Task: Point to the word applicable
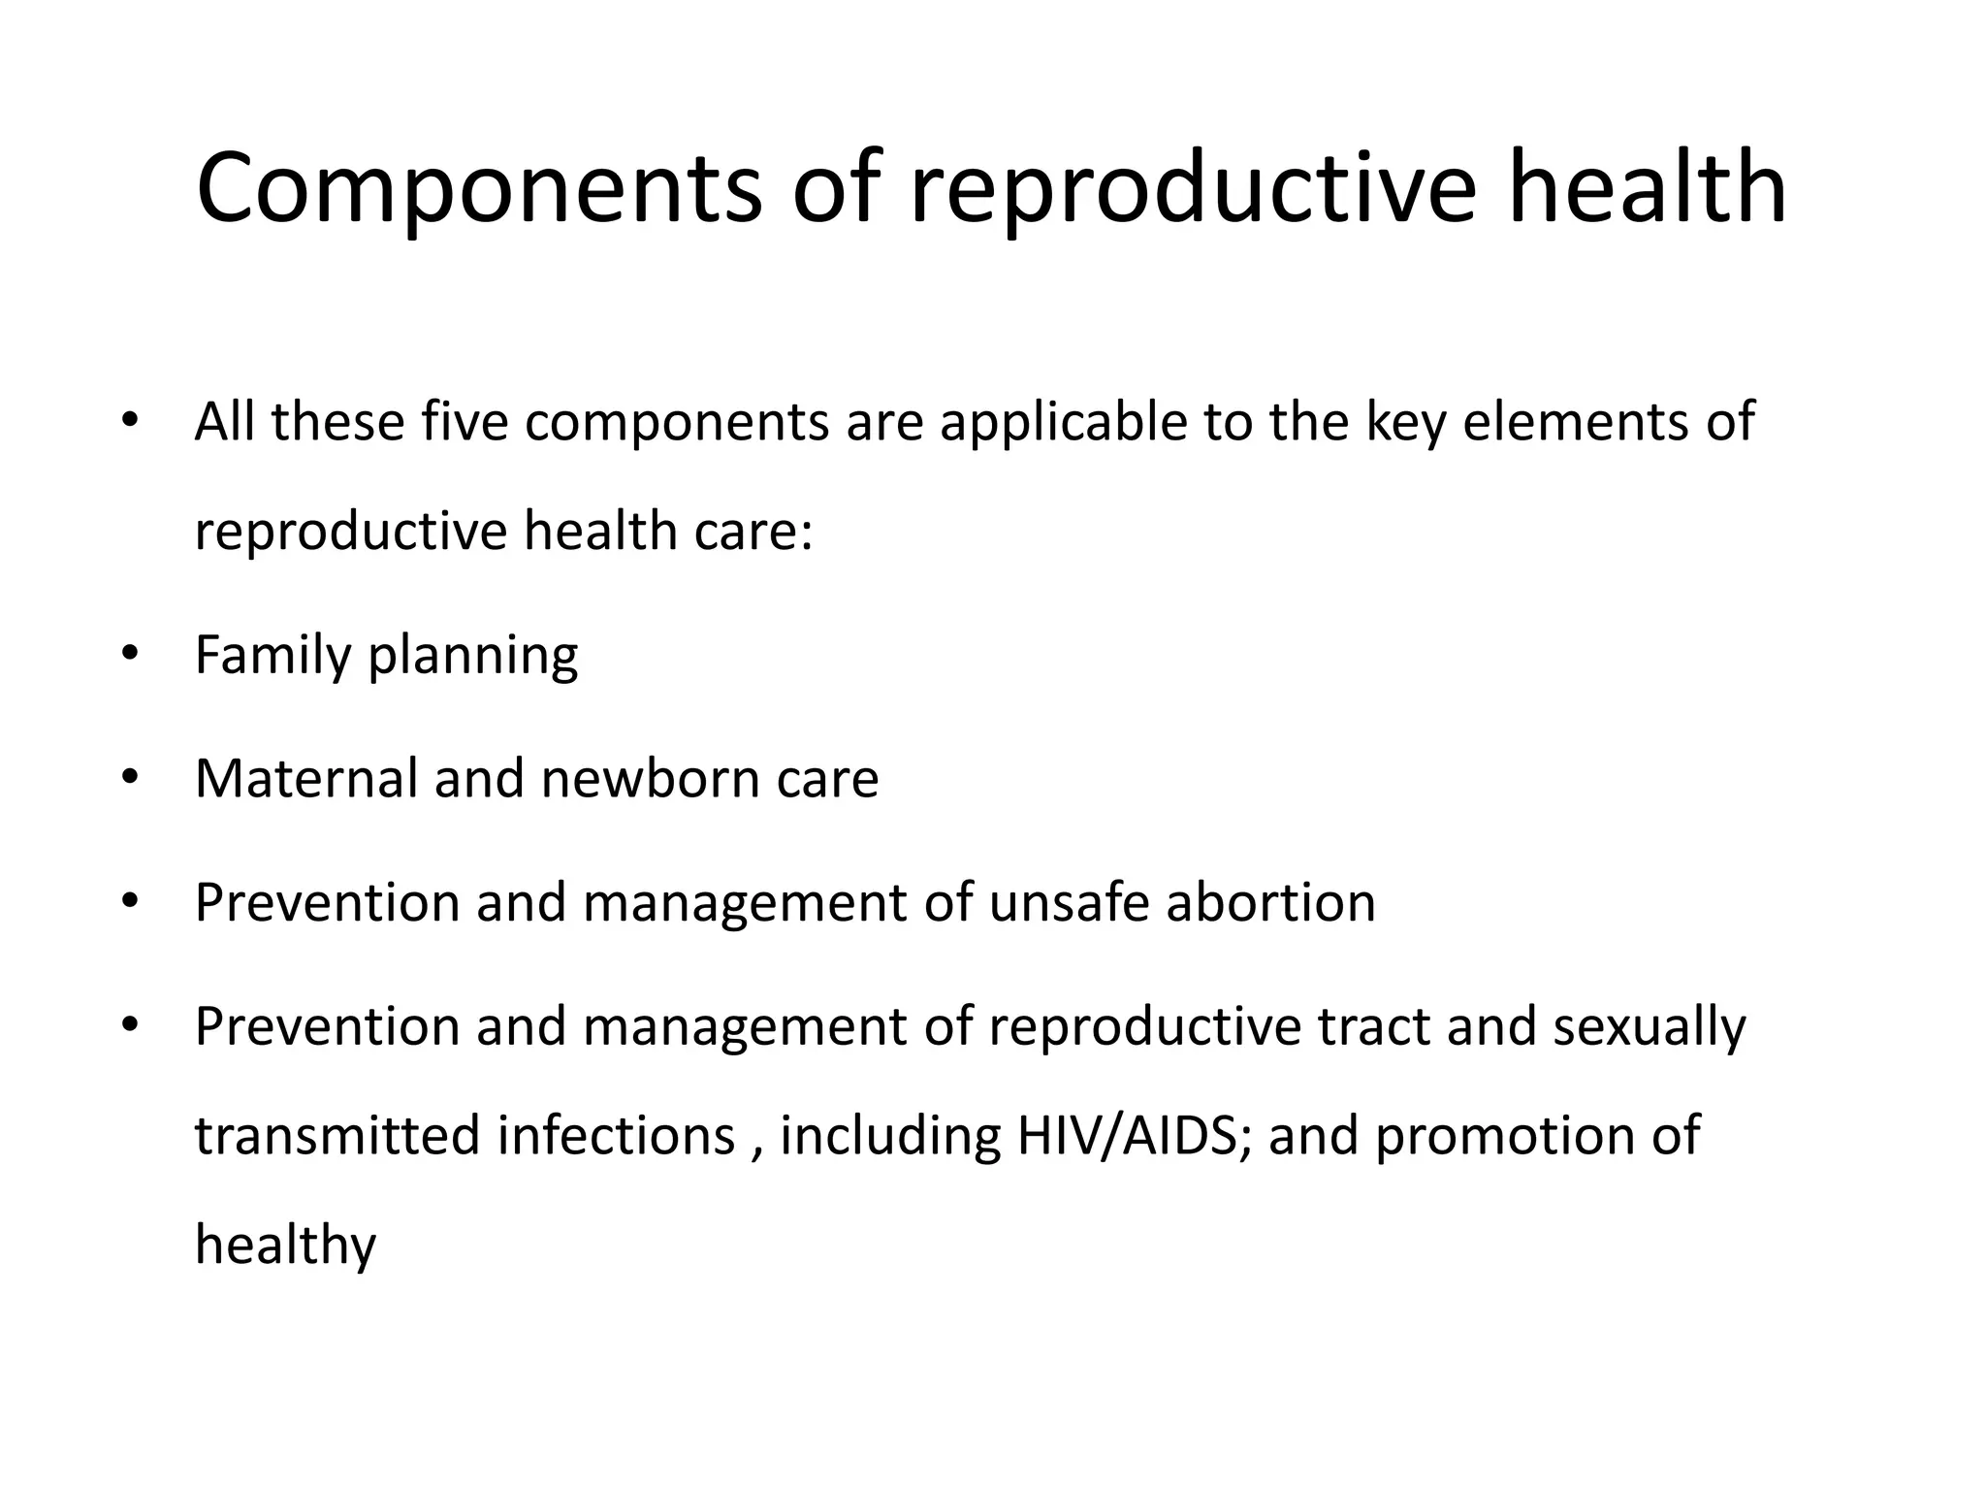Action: pos(1063,422)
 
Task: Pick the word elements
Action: pos(1572,422)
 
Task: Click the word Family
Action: pos(272,655)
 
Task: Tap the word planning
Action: pos(473,657)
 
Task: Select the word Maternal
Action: pos(305,778)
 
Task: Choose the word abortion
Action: pos(1270,902)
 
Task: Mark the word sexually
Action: pos(1649,1028)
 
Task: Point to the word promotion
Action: pos(1503,1137)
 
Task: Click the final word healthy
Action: pos(285,1246)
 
